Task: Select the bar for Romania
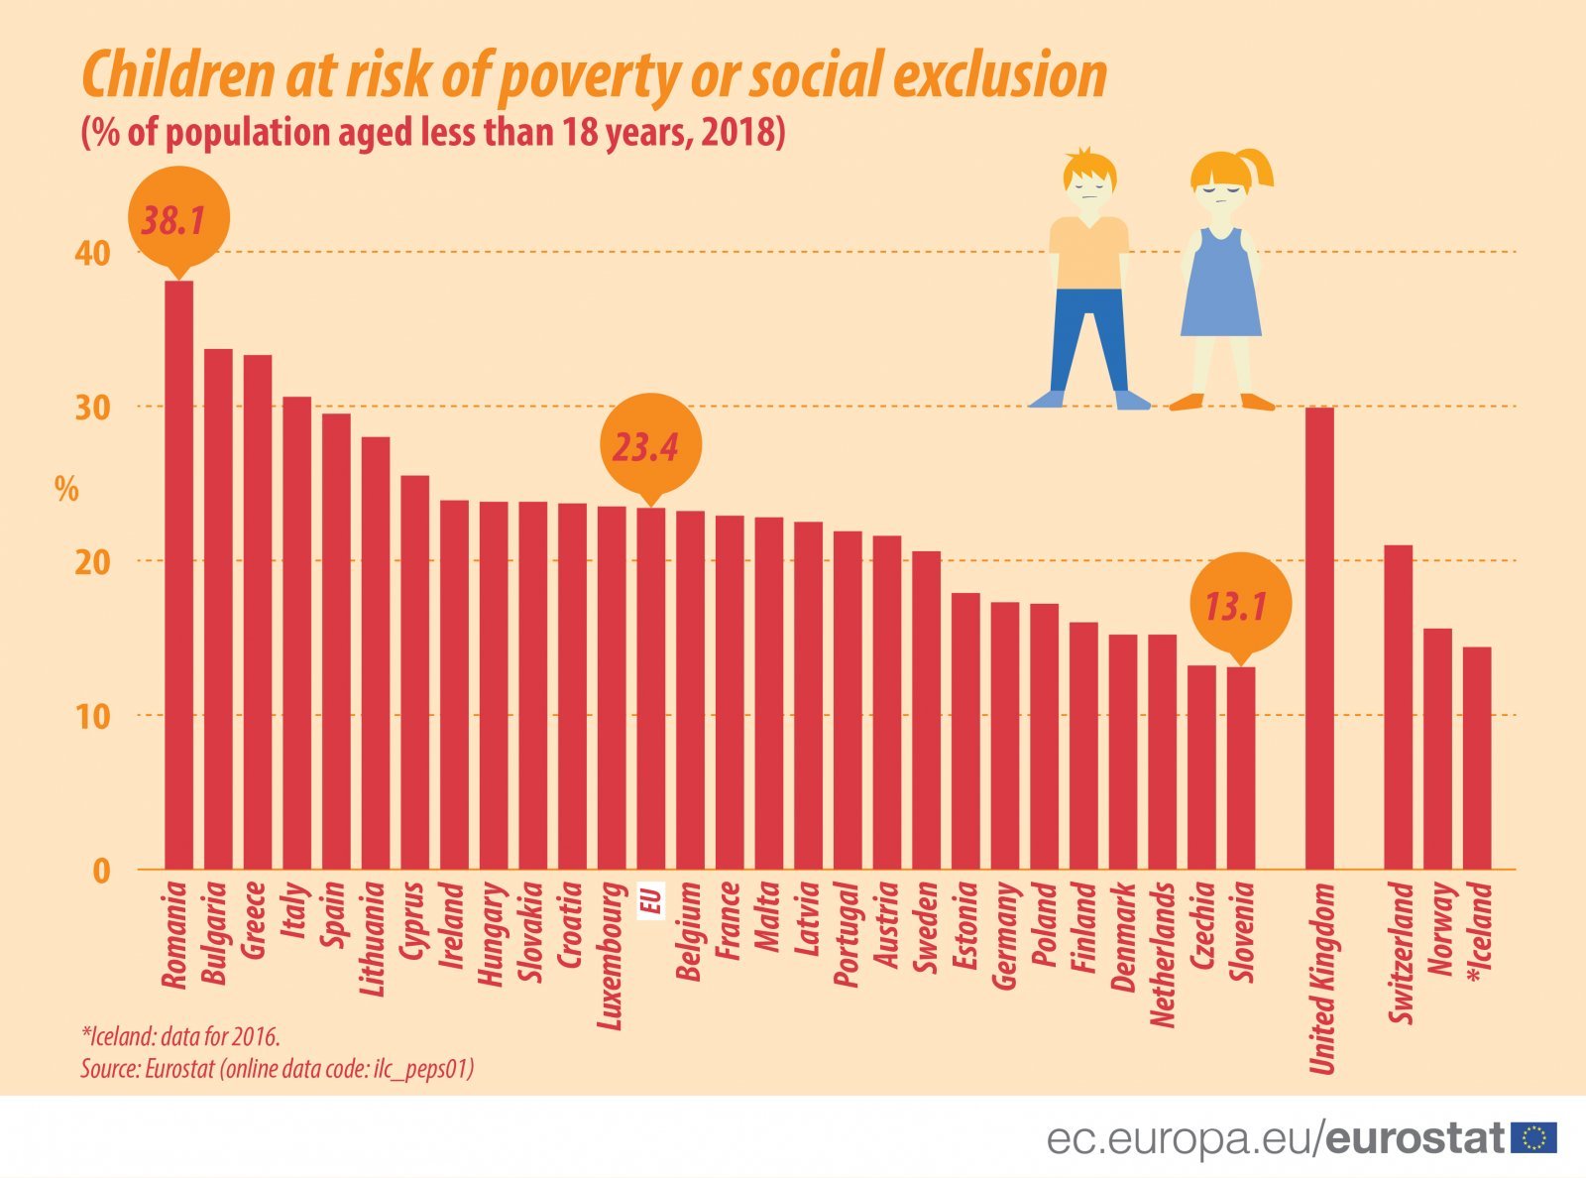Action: [178, 575]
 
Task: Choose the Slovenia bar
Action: [1241, 768]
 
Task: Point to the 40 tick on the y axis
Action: [92, 253]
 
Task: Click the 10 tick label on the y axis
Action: [92, 716]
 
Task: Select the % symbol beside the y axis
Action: [66, 489]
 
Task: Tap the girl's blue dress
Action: [1221, 288]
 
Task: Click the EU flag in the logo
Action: [1533, 1138]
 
